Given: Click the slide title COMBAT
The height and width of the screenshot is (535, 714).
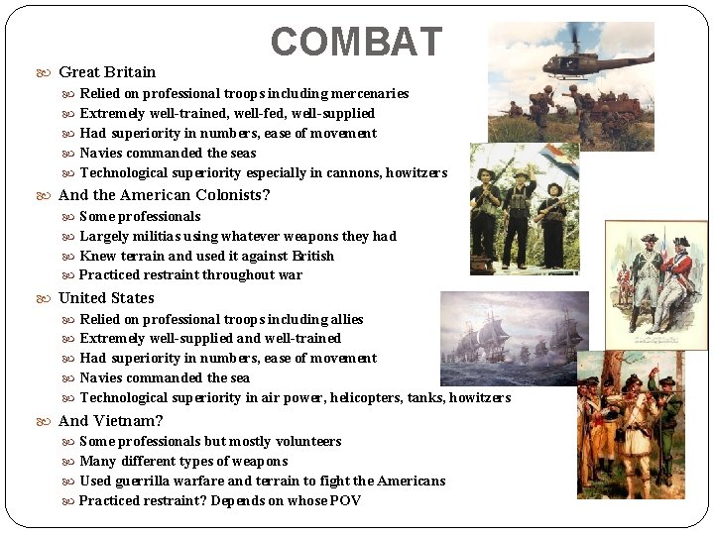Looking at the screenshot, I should pos(356,42).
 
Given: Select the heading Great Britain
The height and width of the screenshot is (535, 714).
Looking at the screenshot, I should pos(107,71).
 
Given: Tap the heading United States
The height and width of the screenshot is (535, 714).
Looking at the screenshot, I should pos(106,297).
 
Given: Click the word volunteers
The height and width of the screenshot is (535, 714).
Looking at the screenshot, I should pos(307,441).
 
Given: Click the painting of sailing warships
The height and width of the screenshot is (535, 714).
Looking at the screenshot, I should pos(514,337).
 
